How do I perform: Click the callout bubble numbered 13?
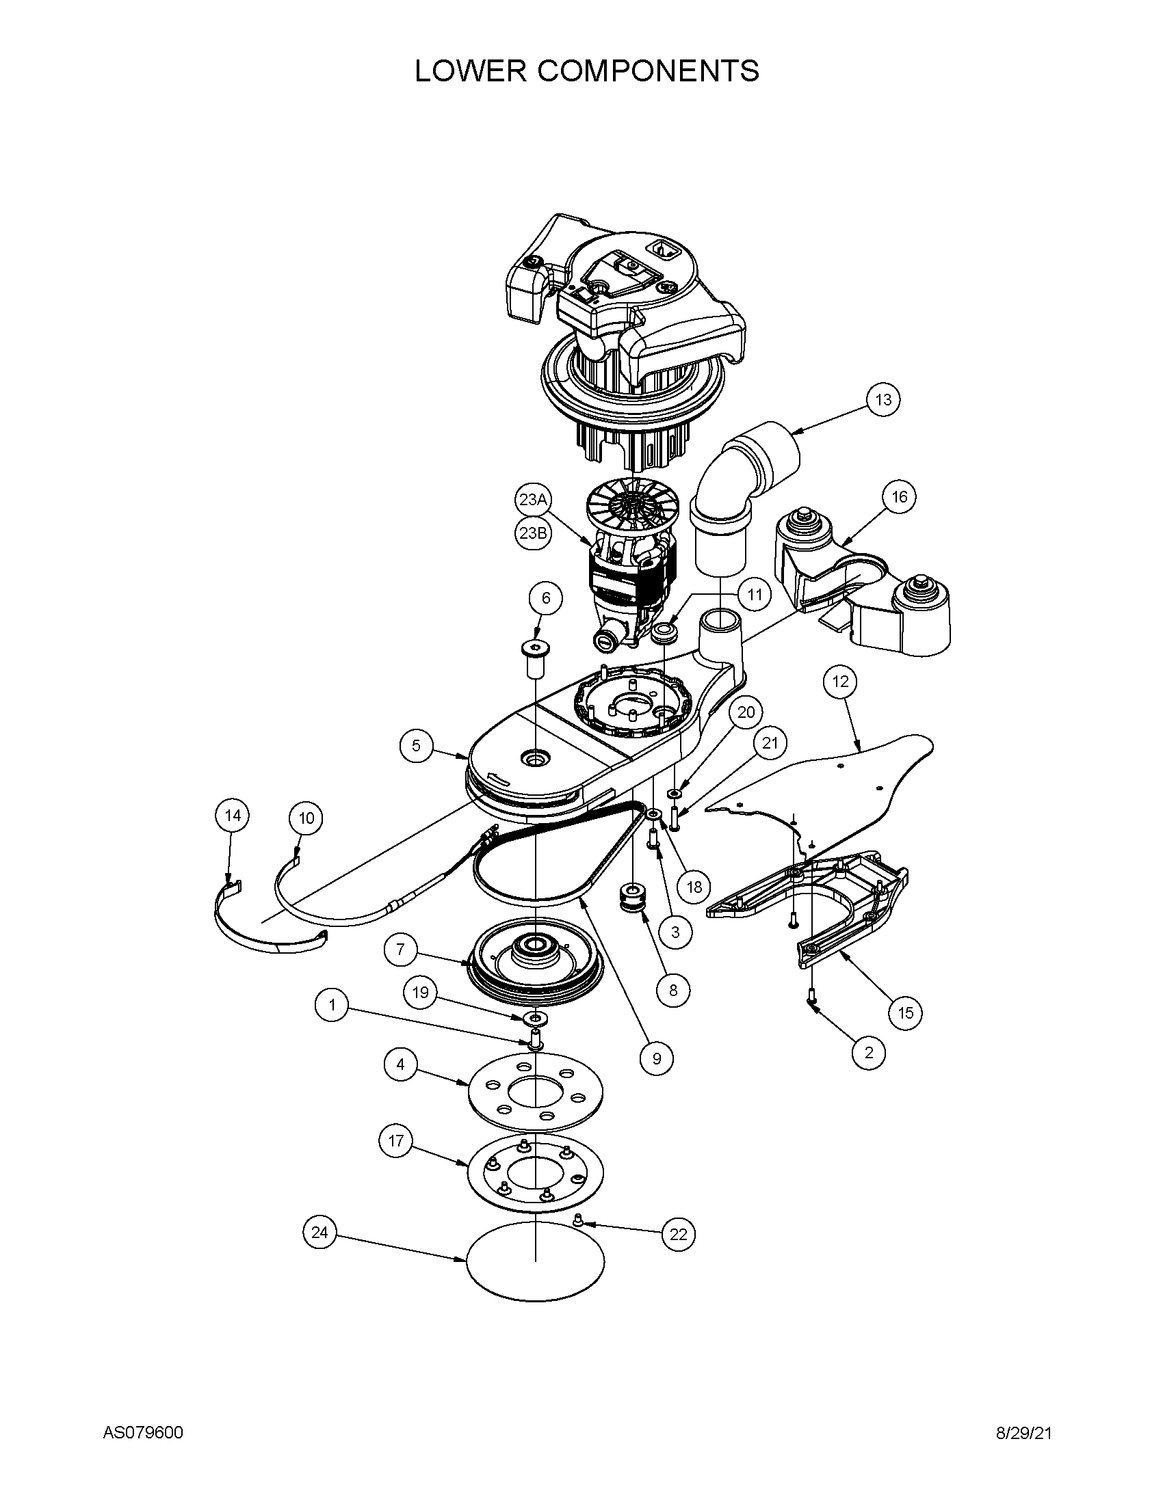tap(883, 399)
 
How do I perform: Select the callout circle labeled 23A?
tap(532, 500)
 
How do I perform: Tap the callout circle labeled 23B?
tap(532, 534)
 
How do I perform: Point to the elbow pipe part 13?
tap(741, 482)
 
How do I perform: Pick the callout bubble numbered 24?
tap(319, 1233)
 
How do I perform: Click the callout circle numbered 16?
tap(900, 496)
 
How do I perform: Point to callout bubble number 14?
tap(233, 816)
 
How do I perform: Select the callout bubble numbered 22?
tap(679, 1235)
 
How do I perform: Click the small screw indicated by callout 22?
tap(579, 1220)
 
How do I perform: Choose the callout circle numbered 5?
tap(416, 745)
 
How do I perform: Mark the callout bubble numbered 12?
tap(841, 682)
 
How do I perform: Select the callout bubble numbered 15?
tap(905, 1012)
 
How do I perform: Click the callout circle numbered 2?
tap(869, 1052)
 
